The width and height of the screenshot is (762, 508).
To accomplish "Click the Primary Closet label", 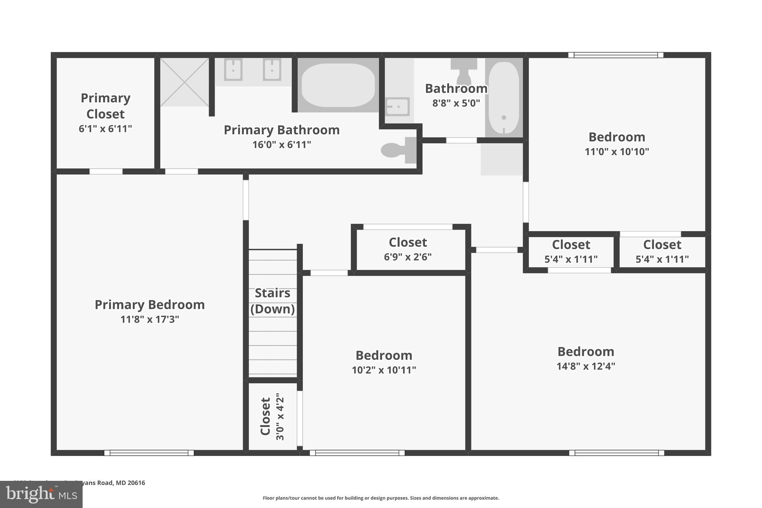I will [106, 106].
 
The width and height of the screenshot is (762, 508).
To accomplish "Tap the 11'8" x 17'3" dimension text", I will [150, 319].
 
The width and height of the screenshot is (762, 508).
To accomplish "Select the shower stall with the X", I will [184, 82].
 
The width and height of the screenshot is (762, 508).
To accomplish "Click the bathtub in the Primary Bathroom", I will [338, 85].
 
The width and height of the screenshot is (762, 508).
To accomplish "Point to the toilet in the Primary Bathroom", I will [397, 150].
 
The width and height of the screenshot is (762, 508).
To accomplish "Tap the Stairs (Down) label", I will [272, 301].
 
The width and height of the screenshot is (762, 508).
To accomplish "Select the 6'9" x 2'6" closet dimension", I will [408, 257].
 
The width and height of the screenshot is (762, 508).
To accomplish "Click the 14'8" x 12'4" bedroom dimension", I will [586, 366].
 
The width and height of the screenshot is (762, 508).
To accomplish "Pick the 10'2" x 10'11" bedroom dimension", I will [384, 370].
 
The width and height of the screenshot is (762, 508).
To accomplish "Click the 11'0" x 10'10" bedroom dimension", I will [617, 152].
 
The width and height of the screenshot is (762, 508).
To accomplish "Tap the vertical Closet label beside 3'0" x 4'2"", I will [265, 416].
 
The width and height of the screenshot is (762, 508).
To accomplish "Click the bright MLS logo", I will [41, 494].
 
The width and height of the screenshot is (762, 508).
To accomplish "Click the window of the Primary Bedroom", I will [149, 453].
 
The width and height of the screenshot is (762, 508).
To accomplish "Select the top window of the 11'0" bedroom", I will [616, 55].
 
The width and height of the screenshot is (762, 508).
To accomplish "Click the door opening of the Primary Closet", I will [106, 172].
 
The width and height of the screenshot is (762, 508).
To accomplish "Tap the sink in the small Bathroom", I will [397, 107].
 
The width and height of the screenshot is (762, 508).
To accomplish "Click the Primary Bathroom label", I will [282, 130].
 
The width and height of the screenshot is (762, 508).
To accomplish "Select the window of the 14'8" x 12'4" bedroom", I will [617, 453].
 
